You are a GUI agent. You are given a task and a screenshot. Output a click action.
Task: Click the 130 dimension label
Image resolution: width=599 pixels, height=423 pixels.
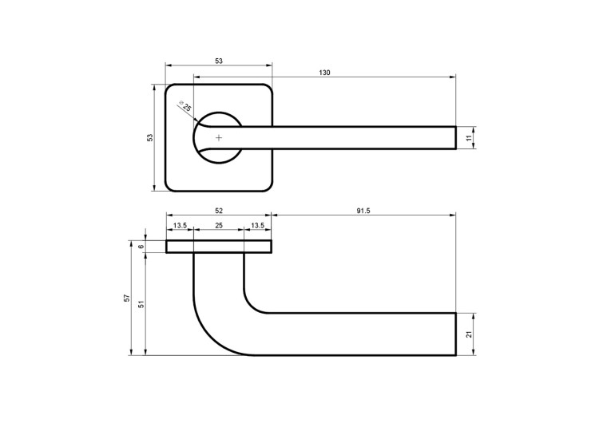[x=324, y=73]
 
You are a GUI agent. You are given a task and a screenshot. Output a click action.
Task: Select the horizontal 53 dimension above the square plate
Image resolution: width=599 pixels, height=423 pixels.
[x=219, y=61]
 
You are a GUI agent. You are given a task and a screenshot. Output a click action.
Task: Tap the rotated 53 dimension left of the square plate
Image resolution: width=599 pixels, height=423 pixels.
[x=150, y=138]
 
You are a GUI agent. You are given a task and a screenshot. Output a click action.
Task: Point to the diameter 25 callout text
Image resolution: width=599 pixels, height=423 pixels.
[x=185, y=105]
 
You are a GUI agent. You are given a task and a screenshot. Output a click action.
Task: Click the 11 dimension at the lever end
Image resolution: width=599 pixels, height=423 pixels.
[x=470, y=138]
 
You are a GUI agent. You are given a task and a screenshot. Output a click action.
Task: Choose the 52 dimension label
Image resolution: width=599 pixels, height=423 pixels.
[x=219, y=211]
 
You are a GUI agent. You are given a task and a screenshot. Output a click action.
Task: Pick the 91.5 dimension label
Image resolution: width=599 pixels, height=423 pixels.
[x=363, y=211]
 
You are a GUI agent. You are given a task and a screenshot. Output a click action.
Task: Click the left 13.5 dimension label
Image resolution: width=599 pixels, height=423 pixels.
[x=180, y=226]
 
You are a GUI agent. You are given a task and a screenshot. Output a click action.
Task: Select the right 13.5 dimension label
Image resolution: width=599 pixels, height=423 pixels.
[x=257, y=226]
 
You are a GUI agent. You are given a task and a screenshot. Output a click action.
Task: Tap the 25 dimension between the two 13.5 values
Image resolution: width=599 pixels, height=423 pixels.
[x=219, y=226]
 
